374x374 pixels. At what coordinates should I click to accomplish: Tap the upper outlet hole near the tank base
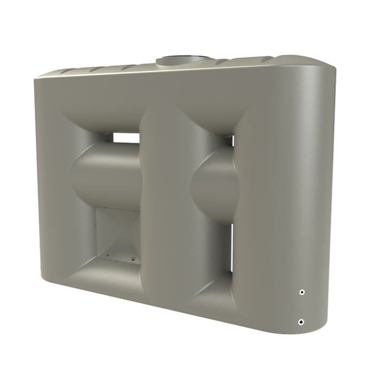coord(302,292)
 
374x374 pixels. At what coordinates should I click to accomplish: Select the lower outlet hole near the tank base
coord(301,322)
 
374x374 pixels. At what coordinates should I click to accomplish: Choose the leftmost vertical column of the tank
coord(51,182)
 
